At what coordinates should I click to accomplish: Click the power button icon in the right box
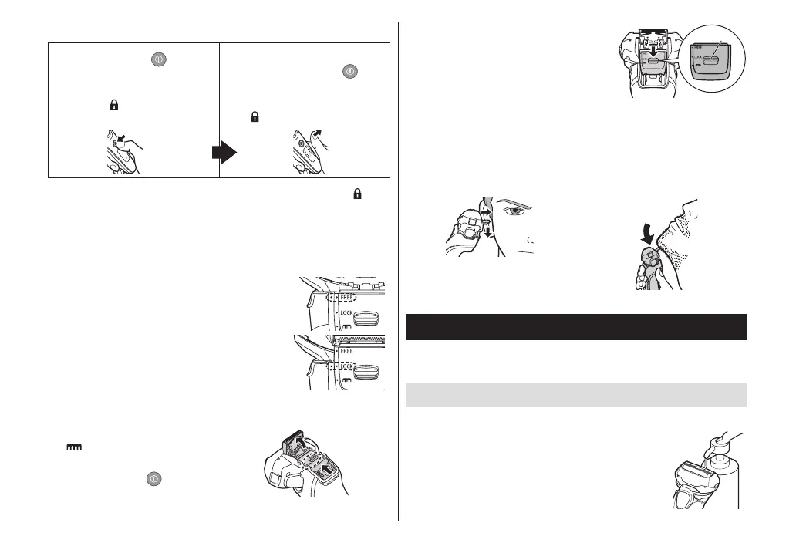(349, 69)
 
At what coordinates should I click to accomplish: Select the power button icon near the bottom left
(153, 480)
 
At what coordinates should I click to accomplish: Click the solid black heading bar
(576, 327)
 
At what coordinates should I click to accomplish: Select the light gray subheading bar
(576, 394)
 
